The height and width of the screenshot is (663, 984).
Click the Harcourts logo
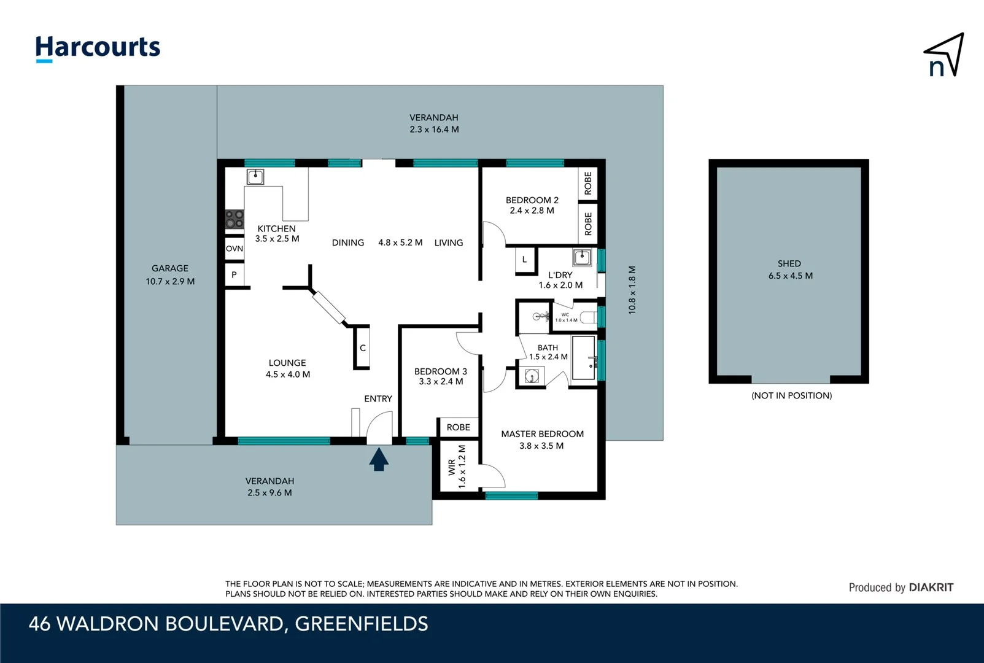click(98, 48)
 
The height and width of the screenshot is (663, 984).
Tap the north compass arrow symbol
click(945, 55)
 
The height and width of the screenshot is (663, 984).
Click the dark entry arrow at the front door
click(379, 459)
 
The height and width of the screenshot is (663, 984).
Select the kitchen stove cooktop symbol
click(234, 219)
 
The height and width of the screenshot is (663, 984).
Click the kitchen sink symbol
click(255, 177)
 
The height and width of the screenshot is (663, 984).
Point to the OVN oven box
click(234, 249)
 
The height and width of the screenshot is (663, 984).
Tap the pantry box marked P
click(234, 275)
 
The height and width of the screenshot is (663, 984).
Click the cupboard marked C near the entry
click(362, 348)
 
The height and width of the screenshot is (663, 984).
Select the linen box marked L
click(525, 260)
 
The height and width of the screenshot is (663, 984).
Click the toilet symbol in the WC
click(588, 317)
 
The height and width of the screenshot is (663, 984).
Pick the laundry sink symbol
click(582, 257)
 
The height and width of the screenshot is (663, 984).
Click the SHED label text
click(789, 263)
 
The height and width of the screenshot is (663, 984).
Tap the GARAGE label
click(170, 268)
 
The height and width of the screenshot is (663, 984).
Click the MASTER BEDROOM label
click(542, 434)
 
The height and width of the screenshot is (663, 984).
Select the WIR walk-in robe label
click(452, 467)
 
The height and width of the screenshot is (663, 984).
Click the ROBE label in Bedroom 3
click(458, 427)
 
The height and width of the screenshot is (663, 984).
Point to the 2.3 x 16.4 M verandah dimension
click(434, 130)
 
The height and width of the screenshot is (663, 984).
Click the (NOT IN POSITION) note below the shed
click(791, 395)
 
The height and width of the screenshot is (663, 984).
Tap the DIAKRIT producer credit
click(931, 587)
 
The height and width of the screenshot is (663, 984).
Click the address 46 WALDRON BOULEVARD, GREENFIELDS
click(228, 624)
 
